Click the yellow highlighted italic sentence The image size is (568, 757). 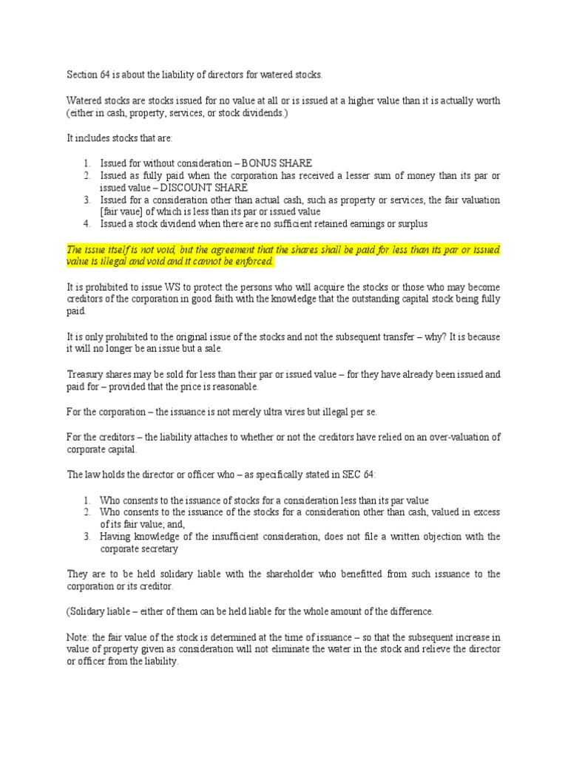click(283, 255)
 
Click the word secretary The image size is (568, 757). click(162, 549)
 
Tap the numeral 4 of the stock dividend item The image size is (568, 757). click(87, 224)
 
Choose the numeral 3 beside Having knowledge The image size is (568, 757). click(87, 537)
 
